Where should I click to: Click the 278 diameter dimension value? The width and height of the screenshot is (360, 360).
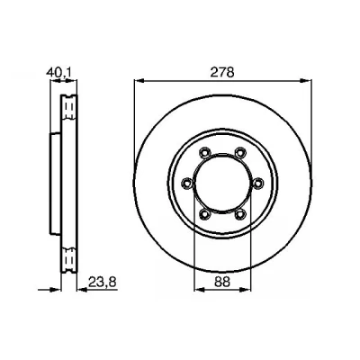[222, 72]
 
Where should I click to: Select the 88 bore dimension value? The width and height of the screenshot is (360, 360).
[222, 282]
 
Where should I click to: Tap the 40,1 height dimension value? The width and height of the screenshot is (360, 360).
[58, 73]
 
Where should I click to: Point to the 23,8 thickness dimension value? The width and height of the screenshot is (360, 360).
[102, 282]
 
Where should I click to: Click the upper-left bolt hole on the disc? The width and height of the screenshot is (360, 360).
[204, 152]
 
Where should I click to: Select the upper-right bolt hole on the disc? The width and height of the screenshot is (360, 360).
[240, 152]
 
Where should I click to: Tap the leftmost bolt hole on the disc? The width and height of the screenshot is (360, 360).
[187, 183]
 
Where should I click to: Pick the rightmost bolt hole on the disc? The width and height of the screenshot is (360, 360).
[257, 183]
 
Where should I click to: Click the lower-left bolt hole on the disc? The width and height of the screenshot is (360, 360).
[204, 214]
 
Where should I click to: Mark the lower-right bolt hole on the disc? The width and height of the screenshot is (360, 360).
[240, 214]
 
